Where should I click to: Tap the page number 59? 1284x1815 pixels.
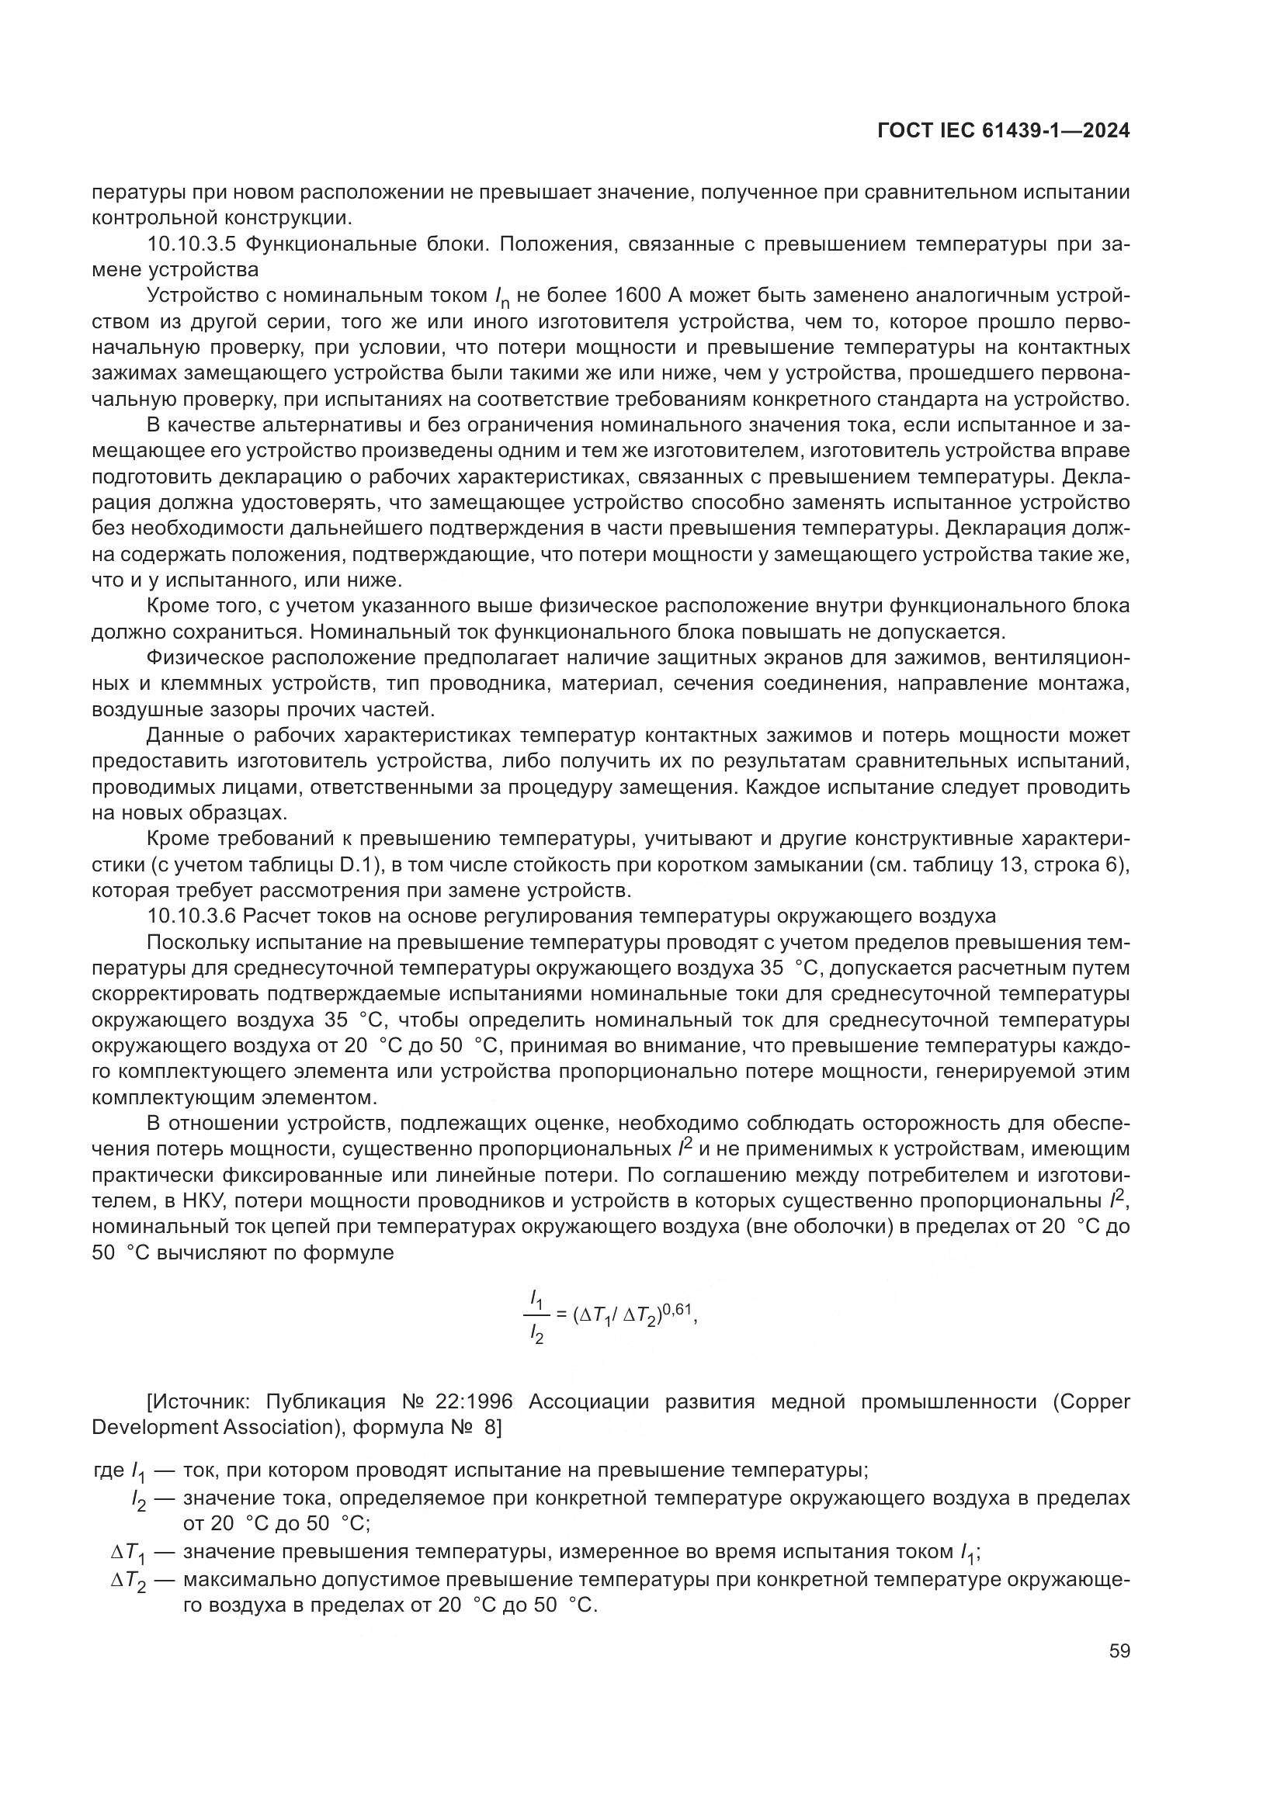coord(1119,1651)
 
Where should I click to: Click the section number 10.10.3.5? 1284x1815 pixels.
coord(192,244)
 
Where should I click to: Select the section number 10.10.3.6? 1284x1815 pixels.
coord(192,916)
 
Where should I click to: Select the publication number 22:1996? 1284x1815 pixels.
coord(474,1402)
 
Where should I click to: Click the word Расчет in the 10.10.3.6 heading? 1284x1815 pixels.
coord(275,916)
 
